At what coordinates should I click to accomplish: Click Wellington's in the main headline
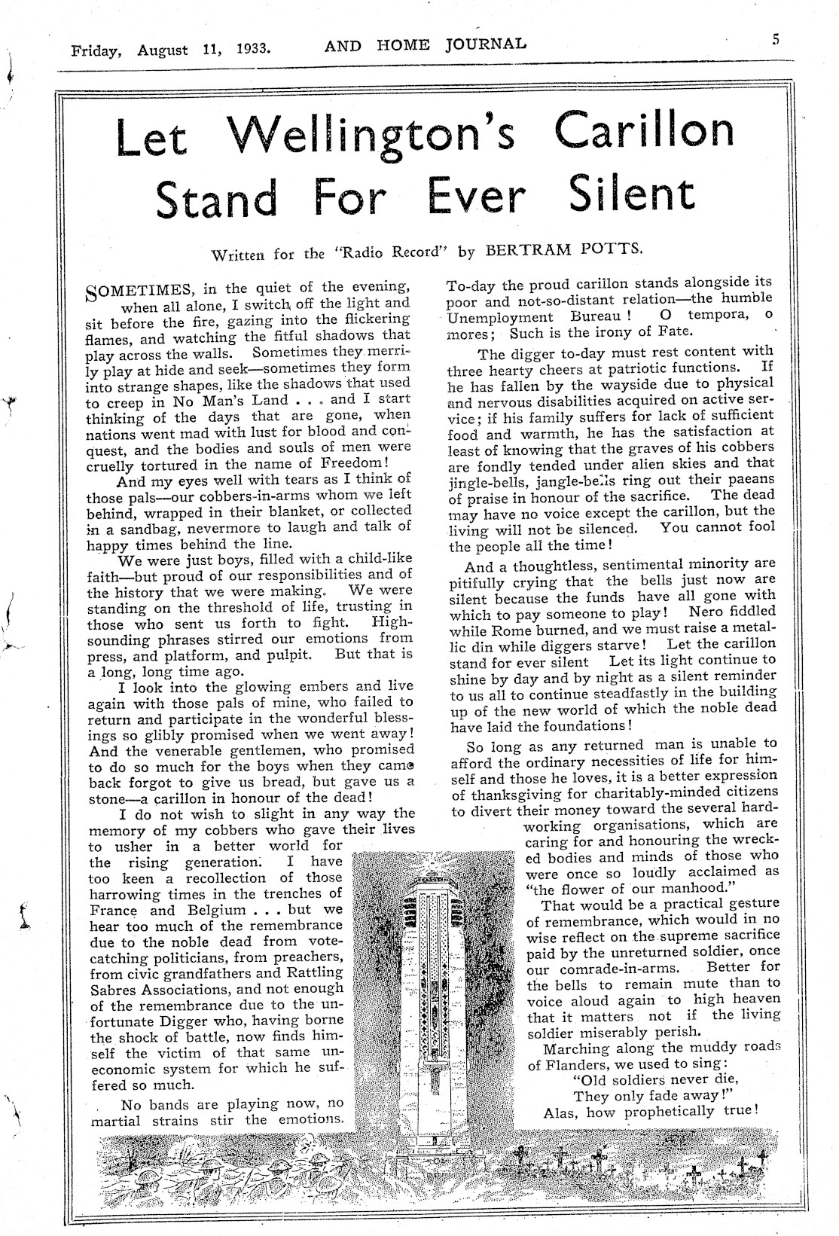point(374,133)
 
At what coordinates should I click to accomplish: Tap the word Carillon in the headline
point(645,130)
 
